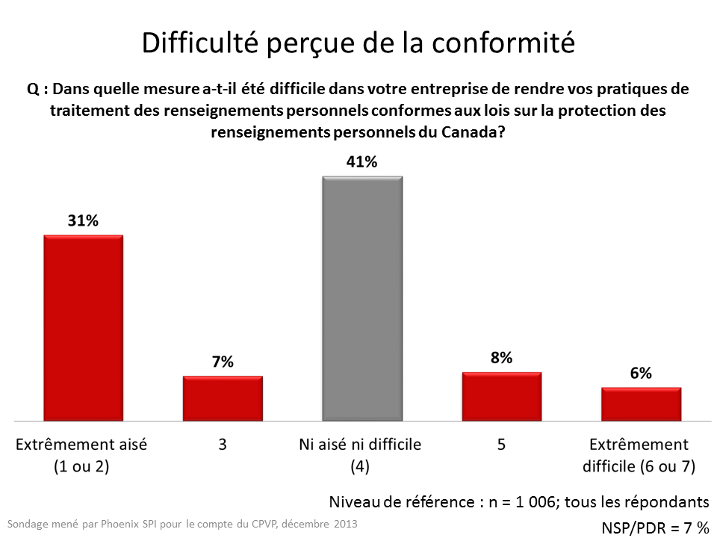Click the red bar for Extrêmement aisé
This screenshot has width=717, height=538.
coord(83,327)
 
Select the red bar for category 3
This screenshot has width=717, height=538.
coord(223,398)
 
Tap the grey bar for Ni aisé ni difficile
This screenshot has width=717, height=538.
coord(362,298)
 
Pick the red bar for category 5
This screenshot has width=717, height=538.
coord(501,395)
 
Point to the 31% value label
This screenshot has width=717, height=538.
coord(83,221)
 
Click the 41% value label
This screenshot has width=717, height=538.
coord(361,162)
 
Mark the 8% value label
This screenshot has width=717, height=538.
coord(501,357)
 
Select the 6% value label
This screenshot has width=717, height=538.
coord(641,374)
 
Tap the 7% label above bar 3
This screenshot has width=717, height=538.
coord(223,362)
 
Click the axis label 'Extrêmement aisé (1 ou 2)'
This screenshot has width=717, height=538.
coord(82,455)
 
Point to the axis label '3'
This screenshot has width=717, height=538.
coord(223,445)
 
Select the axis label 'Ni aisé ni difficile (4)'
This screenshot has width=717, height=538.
coord(361,455)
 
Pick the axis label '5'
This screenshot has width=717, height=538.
coord(501,445)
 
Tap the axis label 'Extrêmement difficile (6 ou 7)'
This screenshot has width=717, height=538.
coord(641,455)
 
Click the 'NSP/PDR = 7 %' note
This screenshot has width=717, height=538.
coord(655,528)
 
